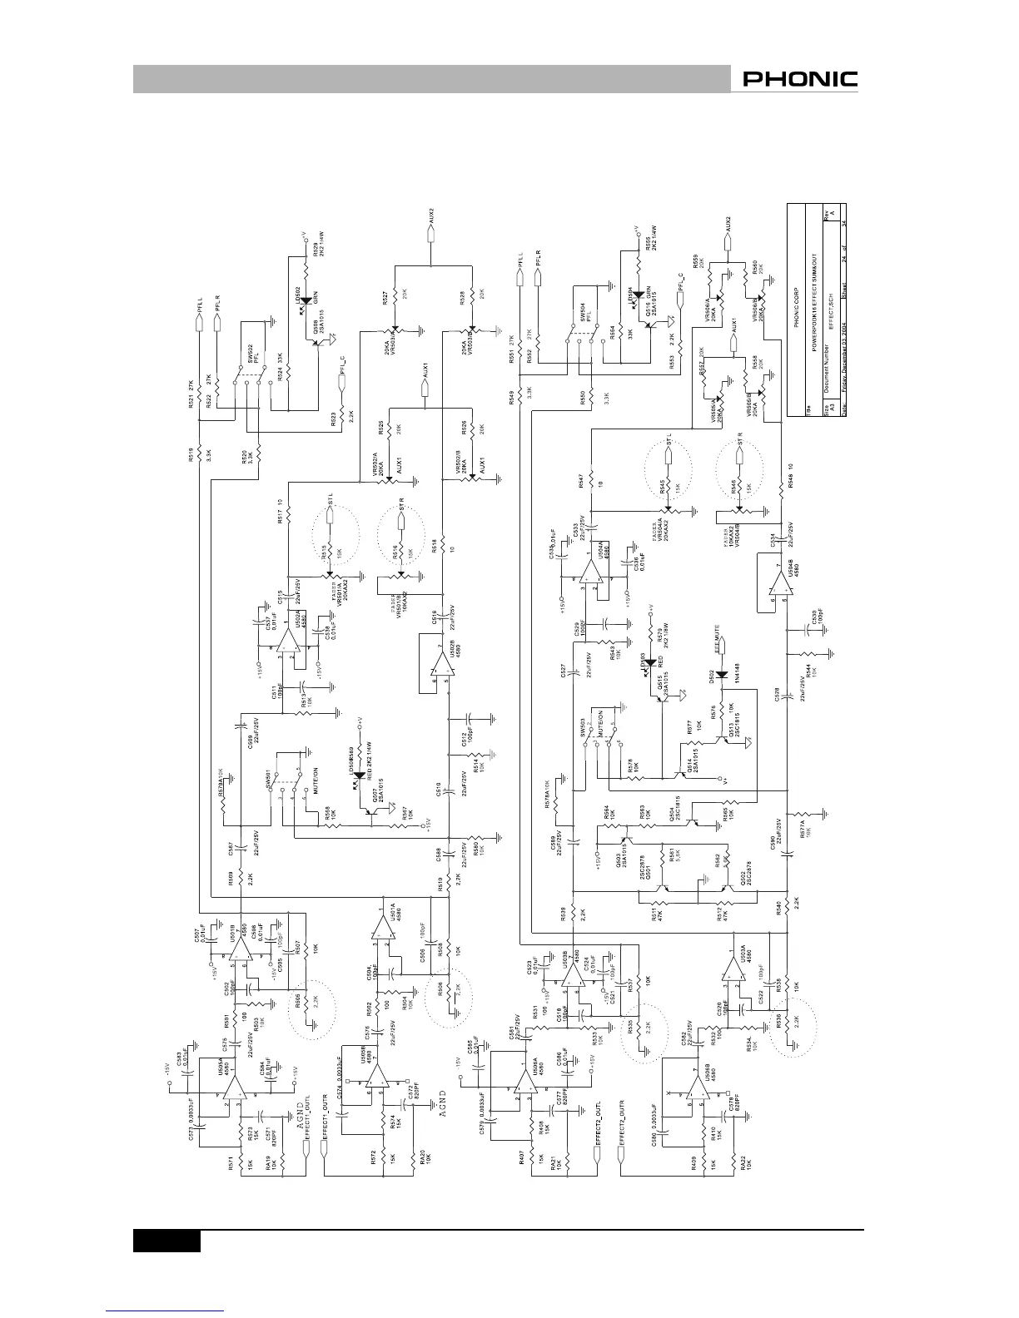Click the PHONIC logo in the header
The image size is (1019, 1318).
[x=800, y=80]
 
